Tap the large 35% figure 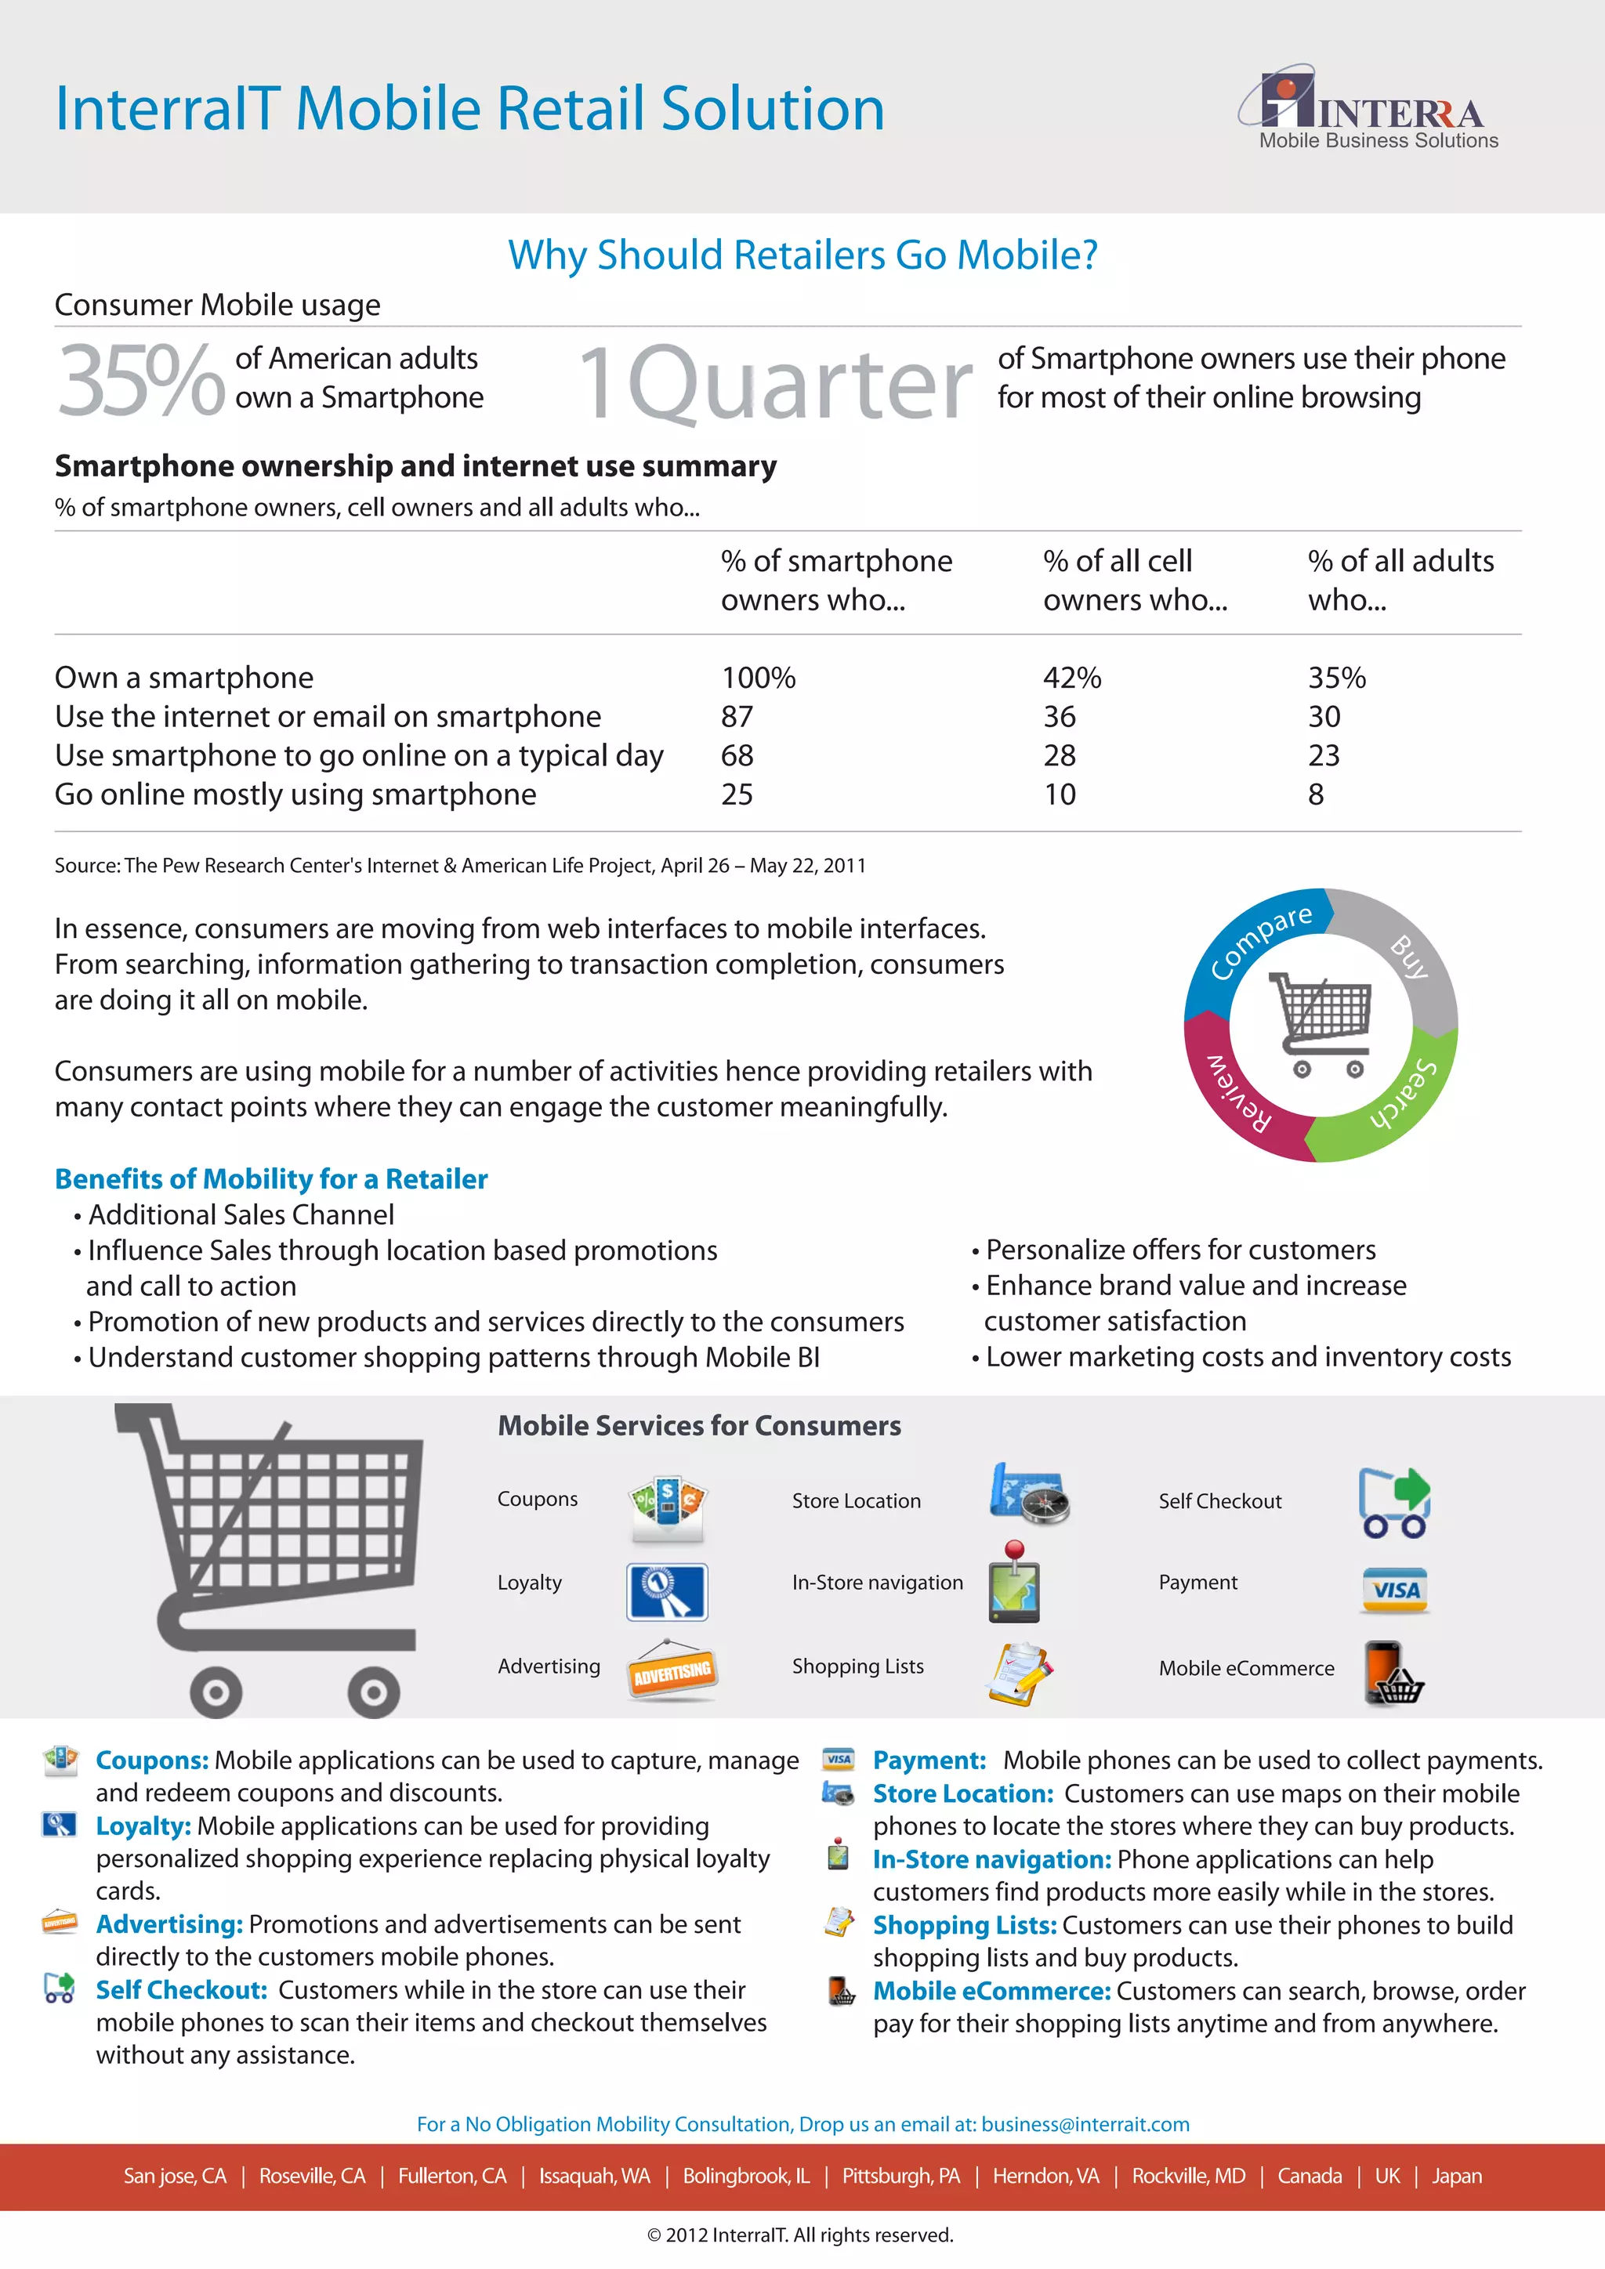click(x=140, y=381)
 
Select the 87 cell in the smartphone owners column click(x=737, y=716)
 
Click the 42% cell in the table click(x=1072, y=678)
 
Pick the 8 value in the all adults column click(x=1316, y=794)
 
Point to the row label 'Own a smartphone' click(x=184, y=678)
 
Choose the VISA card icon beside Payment click(x=1394, y=1590)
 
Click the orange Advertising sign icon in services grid click(x=672, y=1671)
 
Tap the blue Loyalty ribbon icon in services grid click(x=667, y=1591)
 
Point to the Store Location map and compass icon click(x=1029, y=1493)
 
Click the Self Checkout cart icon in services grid click(x=1393, y=1502)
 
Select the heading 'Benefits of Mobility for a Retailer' click(x=271, y=1179)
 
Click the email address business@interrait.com click(x=1085, y=2124)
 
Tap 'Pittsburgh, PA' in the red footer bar click(x=900, y=2176)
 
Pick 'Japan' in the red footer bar click(x=1457, y=2176)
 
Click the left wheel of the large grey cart click(x=216, y=1693)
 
